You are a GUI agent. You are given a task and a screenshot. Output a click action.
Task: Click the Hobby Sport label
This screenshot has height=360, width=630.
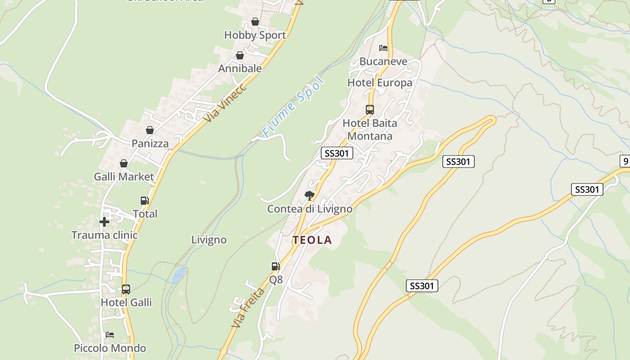coord(255,35)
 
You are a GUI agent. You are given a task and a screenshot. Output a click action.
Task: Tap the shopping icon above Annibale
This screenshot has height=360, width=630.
coord(240,55)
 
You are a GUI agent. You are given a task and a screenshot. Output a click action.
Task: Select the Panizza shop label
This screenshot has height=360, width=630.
coord(150,144)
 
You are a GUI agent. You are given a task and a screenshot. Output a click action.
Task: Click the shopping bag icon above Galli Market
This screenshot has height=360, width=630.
coord(124,163)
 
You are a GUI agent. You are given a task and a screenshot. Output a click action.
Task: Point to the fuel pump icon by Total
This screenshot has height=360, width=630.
coord(144,201)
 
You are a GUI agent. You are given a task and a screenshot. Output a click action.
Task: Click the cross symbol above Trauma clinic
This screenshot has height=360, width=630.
coord(104,222)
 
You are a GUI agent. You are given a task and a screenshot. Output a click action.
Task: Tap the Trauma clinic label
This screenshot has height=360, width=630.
coord(104,235)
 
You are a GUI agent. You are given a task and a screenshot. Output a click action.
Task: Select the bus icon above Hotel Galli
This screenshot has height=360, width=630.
coord(126,289)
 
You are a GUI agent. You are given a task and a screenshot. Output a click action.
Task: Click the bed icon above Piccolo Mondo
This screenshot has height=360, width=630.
coord(109,335)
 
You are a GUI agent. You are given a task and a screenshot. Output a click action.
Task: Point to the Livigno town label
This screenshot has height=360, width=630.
coord(209,240)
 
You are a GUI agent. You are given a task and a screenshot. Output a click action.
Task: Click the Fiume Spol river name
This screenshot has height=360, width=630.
coord(293,107)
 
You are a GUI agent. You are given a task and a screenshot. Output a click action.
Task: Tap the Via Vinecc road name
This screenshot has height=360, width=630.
coord(225,103)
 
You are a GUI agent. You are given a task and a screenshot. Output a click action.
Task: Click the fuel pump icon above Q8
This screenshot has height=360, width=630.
coord(275,266)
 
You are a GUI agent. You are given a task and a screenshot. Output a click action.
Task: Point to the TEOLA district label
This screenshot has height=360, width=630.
coord(312,240)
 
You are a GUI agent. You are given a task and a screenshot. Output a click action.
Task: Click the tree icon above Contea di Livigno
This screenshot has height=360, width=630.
coord(309,195)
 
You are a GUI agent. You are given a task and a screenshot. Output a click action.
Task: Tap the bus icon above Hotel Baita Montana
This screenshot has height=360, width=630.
coord(370,110)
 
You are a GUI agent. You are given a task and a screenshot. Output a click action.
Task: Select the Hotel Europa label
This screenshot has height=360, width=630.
coord(380,83)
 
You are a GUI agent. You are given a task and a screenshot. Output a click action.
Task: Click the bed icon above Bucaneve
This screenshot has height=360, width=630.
coord(383,48)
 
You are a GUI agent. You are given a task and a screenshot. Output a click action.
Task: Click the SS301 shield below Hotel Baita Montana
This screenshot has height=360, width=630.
coord(337,153)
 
